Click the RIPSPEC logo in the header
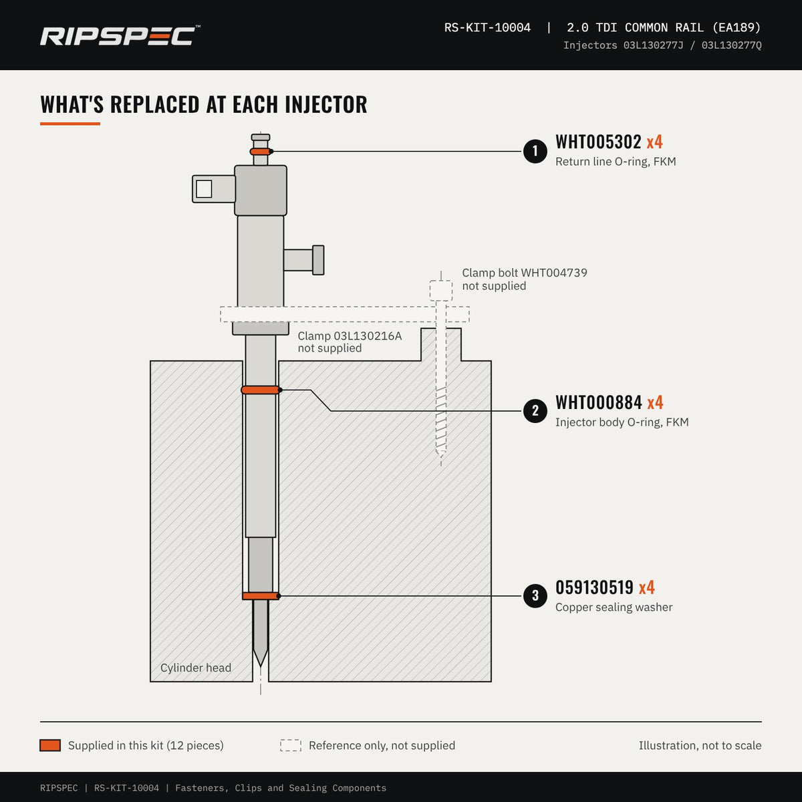point(120,36)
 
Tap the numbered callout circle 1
point(535,151)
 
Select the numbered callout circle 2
point(535,411)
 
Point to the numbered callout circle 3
point(535,595)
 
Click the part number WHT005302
point(598,142)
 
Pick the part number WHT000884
point(598,402)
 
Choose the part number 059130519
point(594,587)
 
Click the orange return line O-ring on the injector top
point(261,152)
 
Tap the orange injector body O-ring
point(261,390)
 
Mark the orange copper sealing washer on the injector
point(261,596)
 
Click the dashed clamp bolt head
point(440,291)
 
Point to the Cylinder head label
point(196,668)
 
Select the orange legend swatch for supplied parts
point(50,745)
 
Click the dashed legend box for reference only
point(291,745)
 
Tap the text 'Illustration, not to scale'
point(700,745)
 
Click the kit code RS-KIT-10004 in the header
point(487,27)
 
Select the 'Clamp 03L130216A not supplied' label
point(350,342)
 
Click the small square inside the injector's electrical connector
point(204,189)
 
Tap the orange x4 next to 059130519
point(647,587)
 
